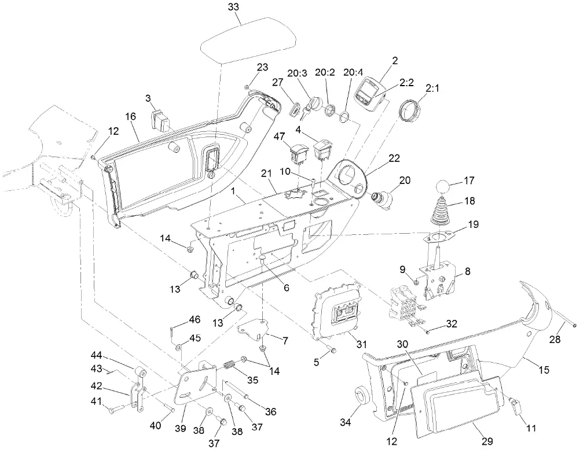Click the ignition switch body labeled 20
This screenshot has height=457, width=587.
pyautogui.click(x=383, y=198)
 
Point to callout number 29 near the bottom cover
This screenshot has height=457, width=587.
pyautogui.click(x=487, y=441)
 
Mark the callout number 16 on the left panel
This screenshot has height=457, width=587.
pyautogui.click(x=130, y=116)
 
